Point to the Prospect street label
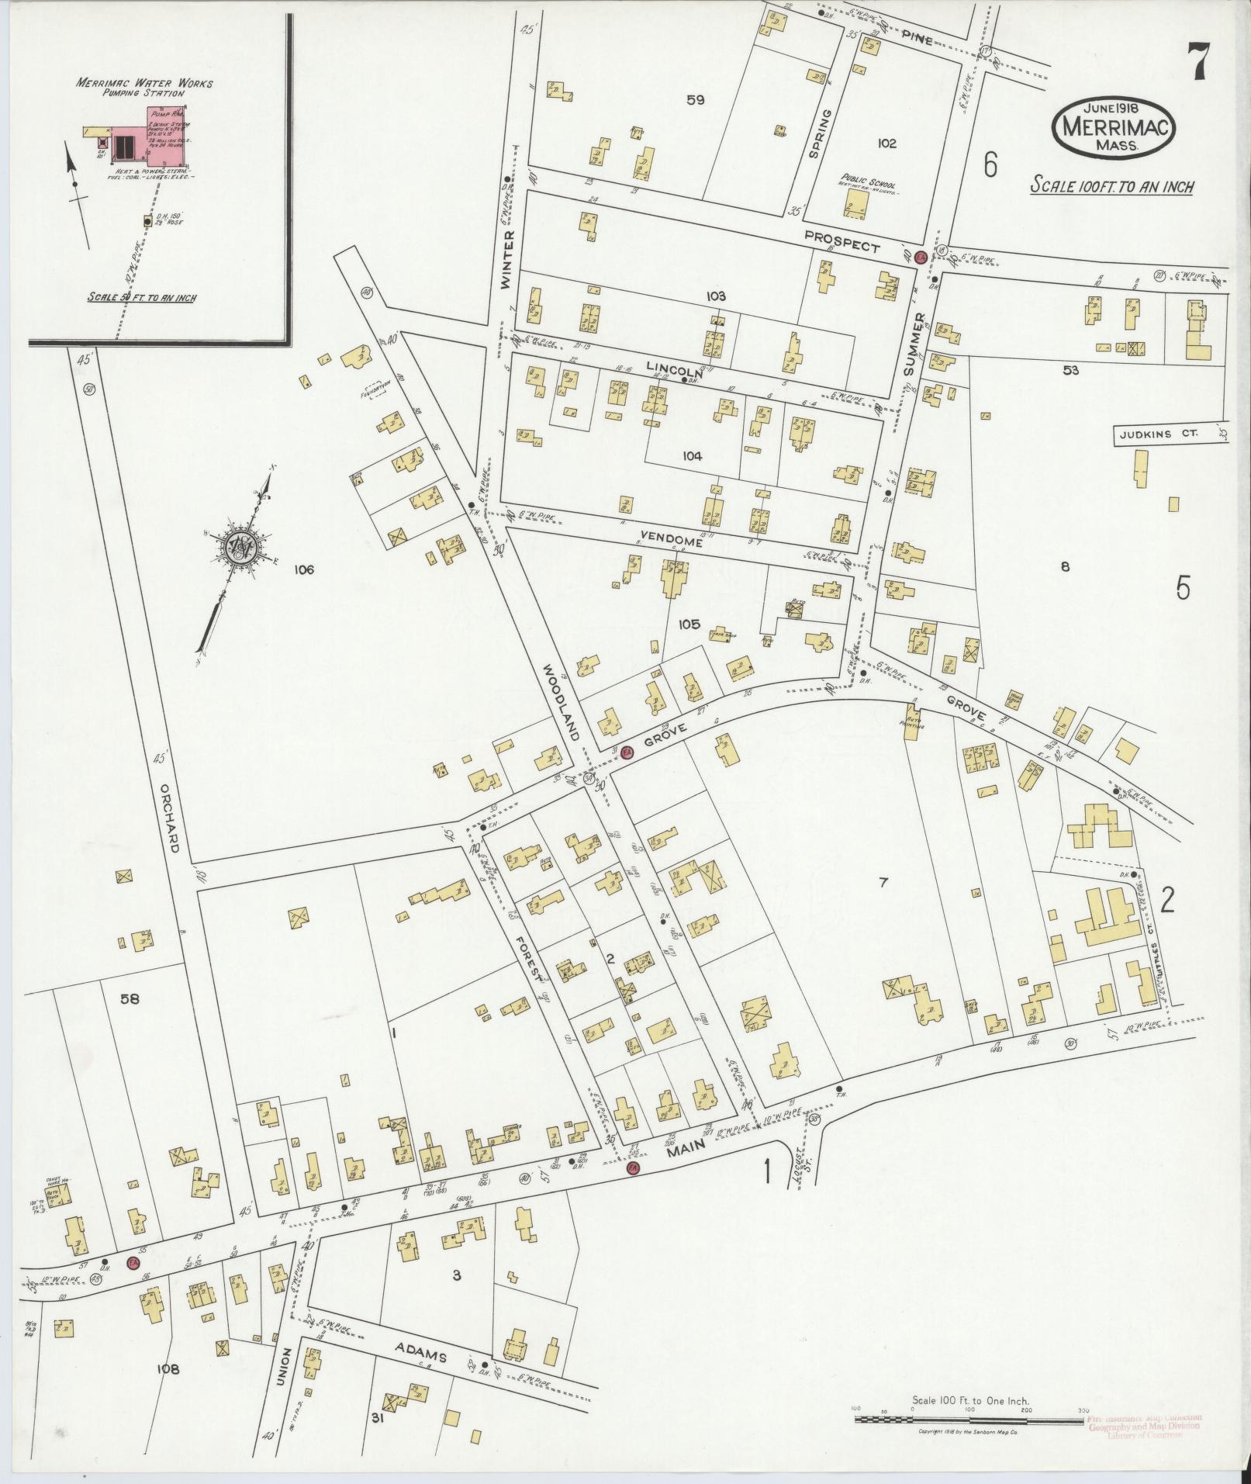(x=841, y=241)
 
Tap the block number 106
(x=303, y=570)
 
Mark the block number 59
(x=694, y=99)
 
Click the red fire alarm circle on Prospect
(x=920, y=258)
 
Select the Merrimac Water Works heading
(x=144, y=83)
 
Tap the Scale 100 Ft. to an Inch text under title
(x=1111, y=186)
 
